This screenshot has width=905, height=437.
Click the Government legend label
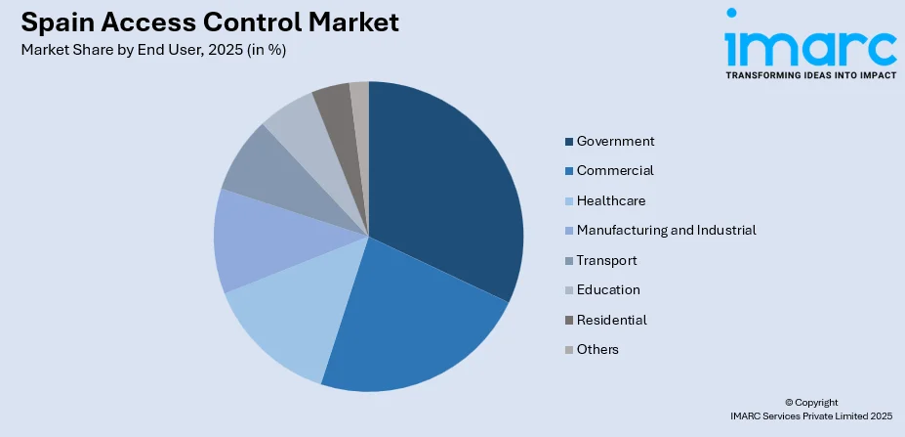pyautogui.click(x=615, y=141)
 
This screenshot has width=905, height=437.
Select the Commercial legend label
pyautogui.click(x=615, y=170)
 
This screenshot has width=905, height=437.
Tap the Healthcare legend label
pyautogui.click(x=611, y=200)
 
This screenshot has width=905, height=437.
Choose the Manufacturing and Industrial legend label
pyautogui.click(x=666, y=230)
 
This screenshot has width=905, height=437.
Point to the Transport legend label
pyautogui.click(x=606, y=260)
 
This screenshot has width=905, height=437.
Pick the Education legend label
pyautogui.click(x=608, y=289)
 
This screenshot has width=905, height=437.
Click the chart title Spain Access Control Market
pyautogui.click(x=209, y=22)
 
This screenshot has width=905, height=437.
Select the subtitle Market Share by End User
pyautogui.click(x=152, y=50)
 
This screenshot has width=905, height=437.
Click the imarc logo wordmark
pyautogui.click(x=809, y=44)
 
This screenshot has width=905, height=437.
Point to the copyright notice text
pyautogui.click(x=810, y=409)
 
